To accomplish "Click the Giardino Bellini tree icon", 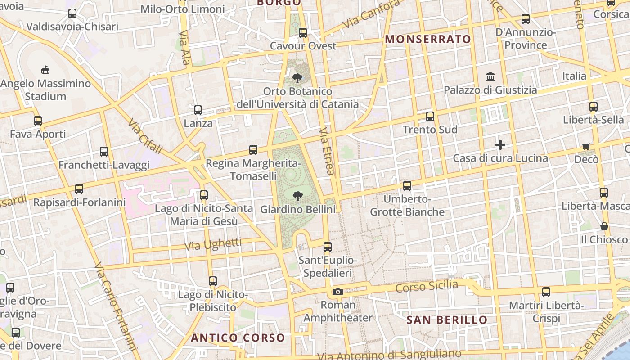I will (297, 196).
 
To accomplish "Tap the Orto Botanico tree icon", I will (297, 78).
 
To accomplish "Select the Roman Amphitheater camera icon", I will (337, 292).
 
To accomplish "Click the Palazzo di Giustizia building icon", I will (490, 76).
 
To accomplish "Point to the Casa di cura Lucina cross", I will (500, 145).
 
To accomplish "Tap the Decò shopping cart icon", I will (586, 146).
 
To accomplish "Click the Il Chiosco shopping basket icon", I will (604, 226).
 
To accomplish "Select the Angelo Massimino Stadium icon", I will (45, 70).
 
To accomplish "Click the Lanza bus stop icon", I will (198, 110).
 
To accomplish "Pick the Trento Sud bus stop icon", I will (430, 117).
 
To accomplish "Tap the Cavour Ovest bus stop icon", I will (303, 33).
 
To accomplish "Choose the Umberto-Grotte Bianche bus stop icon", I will (407, 185).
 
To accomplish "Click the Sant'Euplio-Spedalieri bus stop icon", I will (328, 247).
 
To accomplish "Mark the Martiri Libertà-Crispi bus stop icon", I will (546, 292).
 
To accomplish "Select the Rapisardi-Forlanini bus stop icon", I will (79, 189).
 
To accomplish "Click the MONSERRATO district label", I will (428, 39).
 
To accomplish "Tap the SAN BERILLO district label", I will (447, 320).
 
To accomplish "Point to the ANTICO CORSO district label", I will (238, 337).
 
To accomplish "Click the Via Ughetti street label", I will (213, 244).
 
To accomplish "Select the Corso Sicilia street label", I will (427, 286).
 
